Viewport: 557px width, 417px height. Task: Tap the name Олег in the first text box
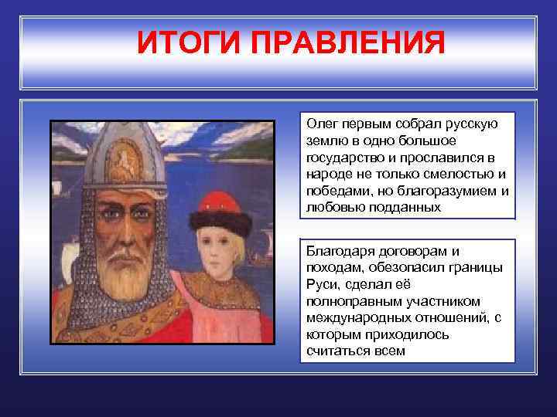click(x=321, y=124)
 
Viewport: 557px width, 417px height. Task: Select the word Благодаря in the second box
click(x=337, y=251)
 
